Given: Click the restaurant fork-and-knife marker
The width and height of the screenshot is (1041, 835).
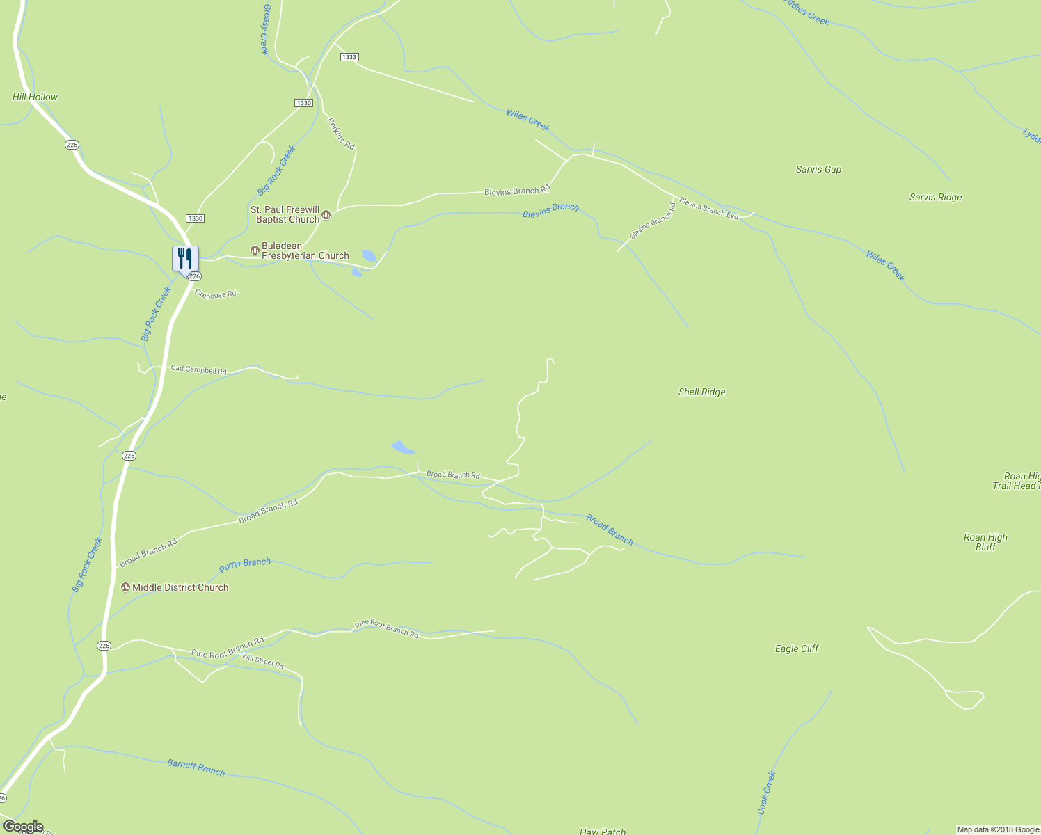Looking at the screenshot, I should (x=185, y=259).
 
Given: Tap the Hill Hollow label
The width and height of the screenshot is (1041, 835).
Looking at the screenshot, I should (x=35, y=97).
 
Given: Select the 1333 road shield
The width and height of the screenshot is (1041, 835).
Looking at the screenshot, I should (x=349, y=57).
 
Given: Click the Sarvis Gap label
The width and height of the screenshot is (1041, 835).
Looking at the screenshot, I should (x=818, y=169).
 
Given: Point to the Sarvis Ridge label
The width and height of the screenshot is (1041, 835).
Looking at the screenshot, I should (x=935, y=197).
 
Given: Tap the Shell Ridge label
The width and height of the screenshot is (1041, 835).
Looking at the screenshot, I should (x=701, y=392).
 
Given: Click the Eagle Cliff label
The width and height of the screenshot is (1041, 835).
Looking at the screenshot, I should (x=797, y=649).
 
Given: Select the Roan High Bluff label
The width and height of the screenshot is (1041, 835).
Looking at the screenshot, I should (x=985, y=542).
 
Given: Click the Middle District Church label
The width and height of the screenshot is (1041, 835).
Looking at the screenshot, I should (x=180, y=587).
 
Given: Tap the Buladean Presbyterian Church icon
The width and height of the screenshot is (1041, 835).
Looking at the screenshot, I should (x=255, y=250).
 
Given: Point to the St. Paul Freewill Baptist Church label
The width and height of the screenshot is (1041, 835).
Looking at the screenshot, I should (x=285, y=214).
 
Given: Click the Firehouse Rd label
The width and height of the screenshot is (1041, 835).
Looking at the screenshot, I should (x=216, y=294).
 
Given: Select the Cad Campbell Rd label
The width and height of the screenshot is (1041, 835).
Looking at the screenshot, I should (x=198, y=369).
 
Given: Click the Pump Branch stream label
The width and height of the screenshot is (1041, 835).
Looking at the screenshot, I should (x=245, y=565).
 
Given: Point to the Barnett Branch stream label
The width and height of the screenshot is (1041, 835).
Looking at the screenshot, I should (x=196, y=768).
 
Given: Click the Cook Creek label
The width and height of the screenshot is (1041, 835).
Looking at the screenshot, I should (x=766, y=793).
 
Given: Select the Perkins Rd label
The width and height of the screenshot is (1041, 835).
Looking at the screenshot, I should (x=341, y=133).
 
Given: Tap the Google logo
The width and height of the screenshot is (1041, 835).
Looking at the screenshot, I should (x=23, y=827).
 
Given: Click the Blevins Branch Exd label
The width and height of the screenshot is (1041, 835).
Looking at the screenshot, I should (x=708, y=209).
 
